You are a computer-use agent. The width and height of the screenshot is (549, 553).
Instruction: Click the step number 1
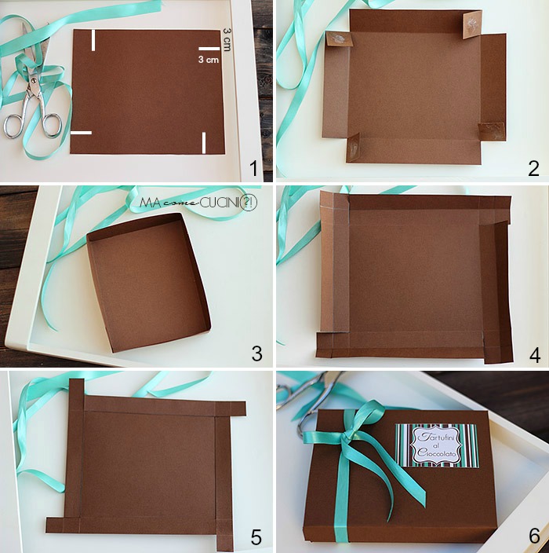point(253,167)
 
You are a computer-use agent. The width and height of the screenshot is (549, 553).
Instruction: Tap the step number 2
point(534,167)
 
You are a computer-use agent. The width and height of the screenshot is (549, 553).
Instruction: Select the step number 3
point(256,353)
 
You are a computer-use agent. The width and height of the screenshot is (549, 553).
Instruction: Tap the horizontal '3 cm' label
point(208,60)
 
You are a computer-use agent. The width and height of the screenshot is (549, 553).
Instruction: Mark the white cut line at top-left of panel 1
point(93,40)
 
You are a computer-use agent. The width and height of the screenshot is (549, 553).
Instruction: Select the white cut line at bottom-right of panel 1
point(204,143)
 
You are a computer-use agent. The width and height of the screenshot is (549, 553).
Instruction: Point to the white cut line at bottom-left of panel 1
point(81,133)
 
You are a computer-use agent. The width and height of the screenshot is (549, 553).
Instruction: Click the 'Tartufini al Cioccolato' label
point(436,445)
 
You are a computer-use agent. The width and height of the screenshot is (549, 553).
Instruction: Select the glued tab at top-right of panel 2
point(471,26)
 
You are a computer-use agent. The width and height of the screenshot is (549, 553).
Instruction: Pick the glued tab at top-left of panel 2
point(338,42)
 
